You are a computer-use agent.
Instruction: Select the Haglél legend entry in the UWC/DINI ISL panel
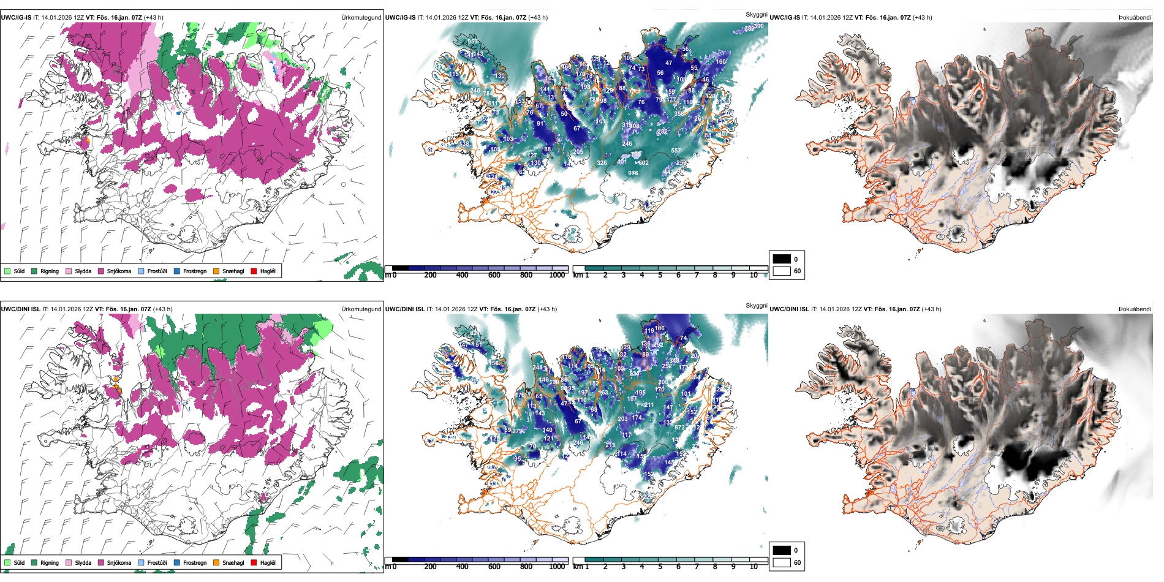point(268,563)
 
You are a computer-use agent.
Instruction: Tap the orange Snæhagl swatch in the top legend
point(216,271)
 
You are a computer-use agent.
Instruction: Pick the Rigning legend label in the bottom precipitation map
point(50,563)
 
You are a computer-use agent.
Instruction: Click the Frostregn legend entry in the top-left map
point(194,271)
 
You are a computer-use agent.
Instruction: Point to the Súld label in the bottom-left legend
point(19,563)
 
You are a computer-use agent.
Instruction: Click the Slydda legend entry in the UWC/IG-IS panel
point(83,271)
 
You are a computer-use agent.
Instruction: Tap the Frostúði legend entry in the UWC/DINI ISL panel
point(157,563)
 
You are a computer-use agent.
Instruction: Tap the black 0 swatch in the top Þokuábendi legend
point(782,259)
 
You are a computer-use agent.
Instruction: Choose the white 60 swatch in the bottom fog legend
point(782,562)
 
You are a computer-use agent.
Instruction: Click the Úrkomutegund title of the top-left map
point(361,18)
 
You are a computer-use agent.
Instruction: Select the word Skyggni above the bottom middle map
point(756,306)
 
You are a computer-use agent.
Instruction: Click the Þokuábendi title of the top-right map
point(1135,18)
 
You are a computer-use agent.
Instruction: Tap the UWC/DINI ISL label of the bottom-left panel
point(20,309)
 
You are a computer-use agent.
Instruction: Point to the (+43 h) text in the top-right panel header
point(922,18)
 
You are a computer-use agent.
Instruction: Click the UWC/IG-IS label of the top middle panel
point(400,18)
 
